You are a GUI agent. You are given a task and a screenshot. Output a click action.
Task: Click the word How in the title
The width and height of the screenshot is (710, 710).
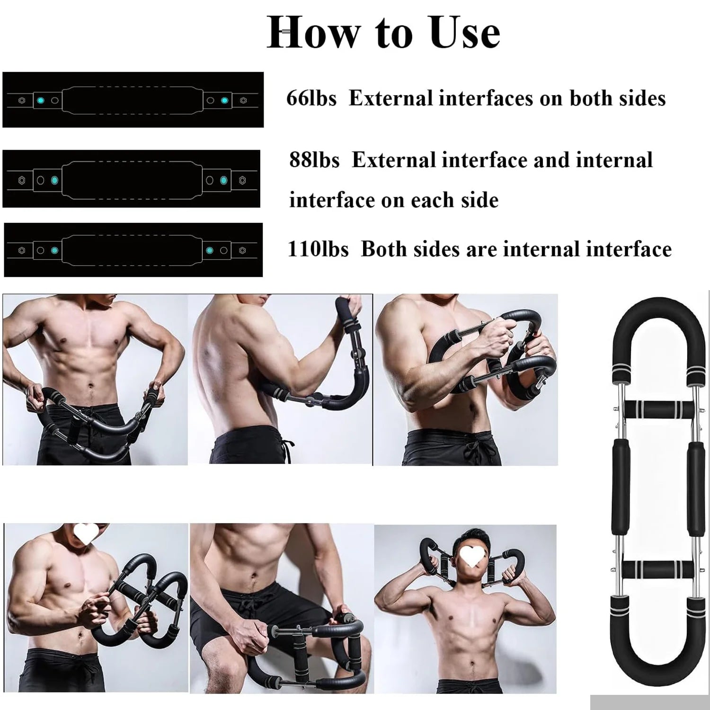[x=313, y=33]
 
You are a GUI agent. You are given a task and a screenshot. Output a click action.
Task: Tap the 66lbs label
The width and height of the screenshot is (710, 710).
[x=311, y=98]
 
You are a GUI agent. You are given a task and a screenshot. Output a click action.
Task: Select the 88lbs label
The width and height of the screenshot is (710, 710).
[x=314, y=160]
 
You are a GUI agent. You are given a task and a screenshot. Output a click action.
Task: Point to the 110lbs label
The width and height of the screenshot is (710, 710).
[x=318, y=249]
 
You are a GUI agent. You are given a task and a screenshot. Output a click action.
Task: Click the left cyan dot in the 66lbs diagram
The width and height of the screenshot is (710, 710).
[x=41, y=100]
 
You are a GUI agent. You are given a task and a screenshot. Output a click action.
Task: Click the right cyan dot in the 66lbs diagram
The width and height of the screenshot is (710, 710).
[x=225, y=100]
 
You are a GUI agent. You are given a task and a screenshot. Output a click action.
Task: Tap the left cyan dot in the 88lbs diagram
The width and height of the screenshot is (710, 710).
[x=54, y=180]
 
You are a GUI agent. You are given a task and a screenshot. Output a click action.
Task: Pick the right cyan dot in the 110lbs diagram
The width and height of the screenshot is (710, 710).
[x=210, y=250]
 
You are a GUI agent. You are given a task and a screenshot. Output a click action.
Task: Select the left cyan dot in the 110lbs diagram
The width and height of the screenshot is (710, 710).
[x=54, y=250]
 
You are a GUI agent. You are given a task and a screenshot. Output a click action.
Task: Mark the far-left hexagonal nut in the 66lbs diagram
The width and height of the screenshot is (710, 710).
[x=22, y=100]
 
